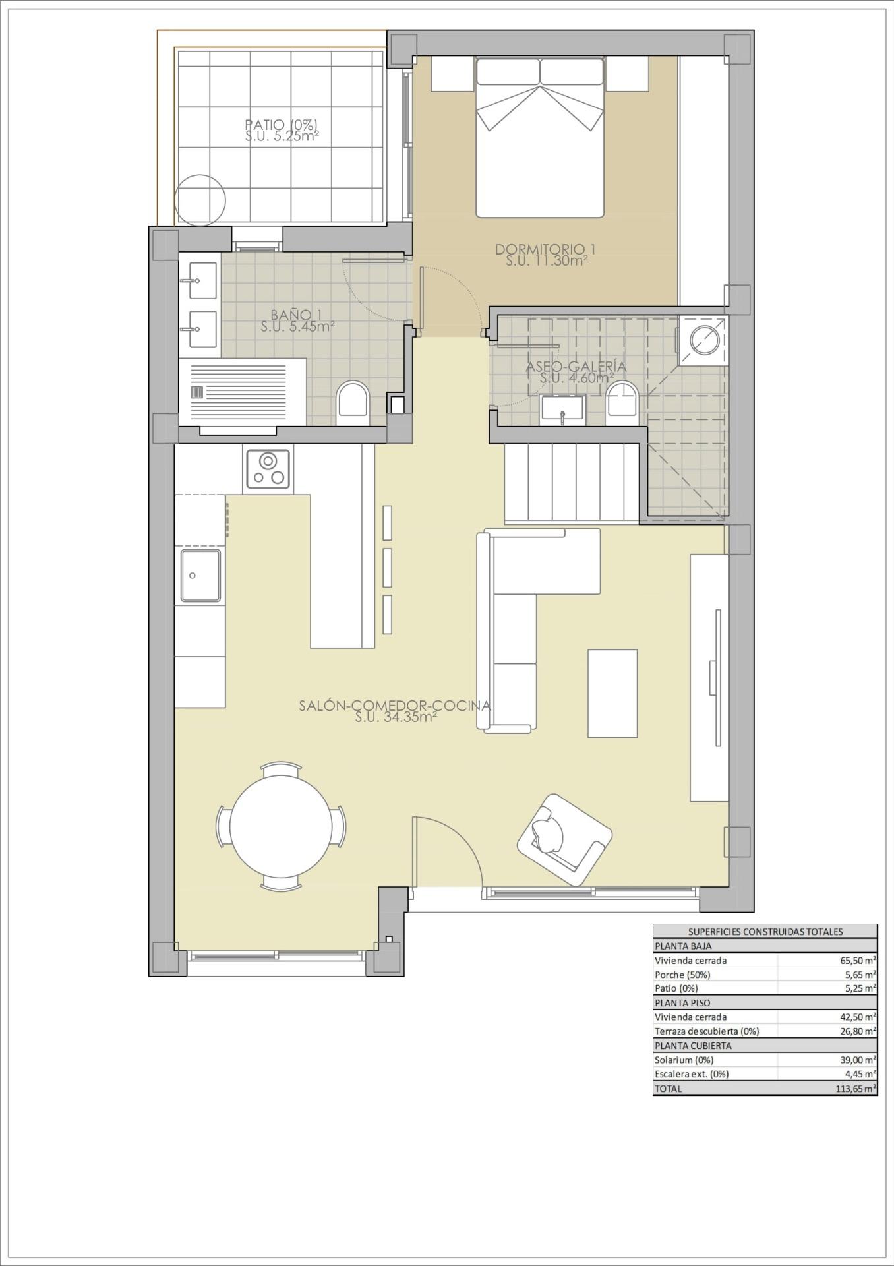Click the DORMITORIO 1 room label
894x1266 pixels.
point(546,250)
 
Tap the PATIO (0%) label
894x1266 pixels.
point(282,125)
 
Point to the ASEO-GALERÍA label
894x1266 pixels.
point(576,367)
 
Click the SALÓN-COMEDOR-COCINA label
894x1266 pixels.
point(395,706)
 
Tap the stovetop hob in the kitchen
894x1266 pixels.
point(268,469)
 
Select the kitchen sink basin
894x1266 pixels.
point(201,576)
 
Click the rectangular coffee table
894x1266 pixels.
point(612,693)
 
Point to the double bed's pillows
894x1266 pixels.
point(540,72)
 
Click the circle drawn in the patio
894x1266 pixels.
point(200,199)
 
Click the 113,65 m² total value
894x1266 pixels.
point(856,1089)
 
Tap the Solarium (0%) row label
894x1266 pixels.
point(684,1060)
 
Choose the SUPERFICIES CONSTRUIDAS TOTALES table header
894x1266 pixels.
point(765,932)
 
